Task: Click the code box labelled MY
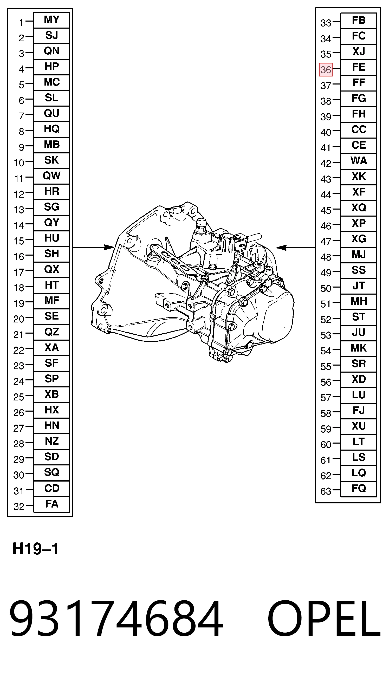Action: click(x=51, y=20)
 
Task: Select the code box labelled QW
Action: click(x=51, y=176)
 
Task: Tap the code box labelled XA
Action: click(x=51, y=348)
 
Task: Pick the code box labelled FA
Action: click(x=51, y=504)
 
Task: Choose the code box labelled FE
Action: click(x=359, y=67)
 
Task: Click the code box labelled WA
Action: click(x=359, y=161)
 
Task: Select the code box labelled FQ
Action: click(x=359, y=489)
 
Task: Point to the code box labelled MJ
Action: click(x=359, y=255)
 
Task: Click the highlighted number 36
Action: click(x=326, y=70)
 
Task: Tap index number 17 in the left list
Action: click(x=19, y=272)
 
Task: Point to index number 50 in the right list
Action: click(x=326, y=288)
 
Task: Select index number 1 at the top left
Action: click(x=21, y=23)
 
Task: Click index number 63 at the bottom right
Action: click(x=326, y=491)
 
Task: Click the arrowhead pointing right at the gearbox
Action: click(x=109, y=247)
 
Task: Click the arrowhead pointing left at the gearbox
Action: click(x=282, y=248)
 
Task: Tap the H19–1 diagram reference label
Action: click(x=36, y=549)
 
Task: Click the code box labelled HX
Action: click(x=51, y=410)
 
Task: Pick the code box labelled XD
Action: click(x=359, y=379)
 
